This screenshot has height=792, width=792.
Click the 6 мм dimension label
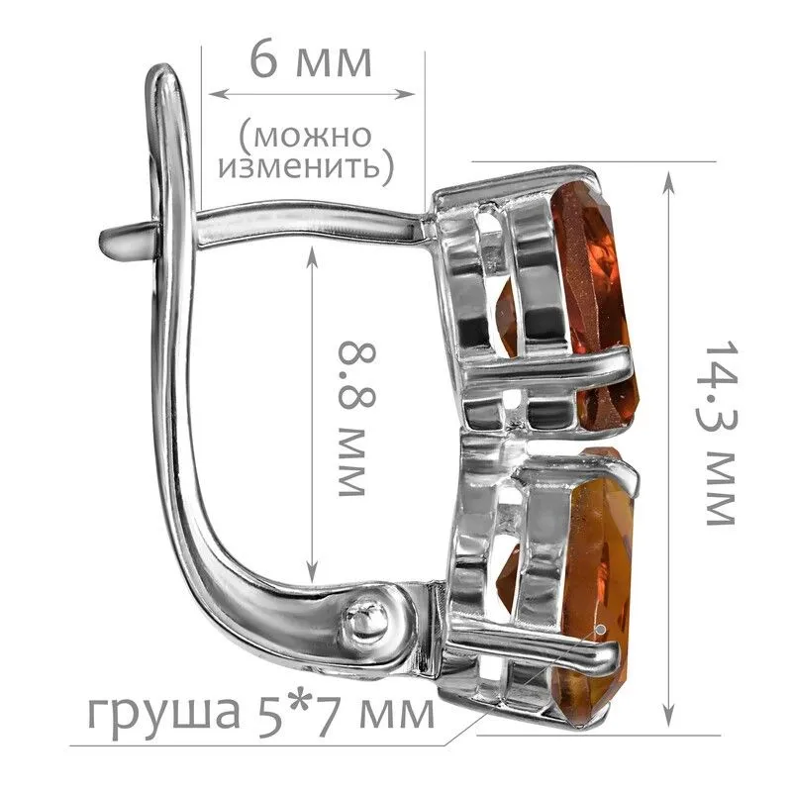(311, 61)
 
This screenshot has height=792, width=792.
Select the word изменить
(299, 165)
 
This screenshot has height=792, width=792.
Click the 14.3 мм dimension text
(717, 436)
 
